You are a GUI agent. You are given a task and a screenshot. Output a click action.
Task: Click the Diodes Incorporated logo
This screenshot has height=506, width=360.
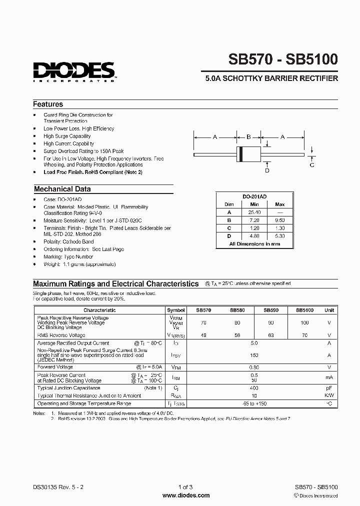click(x=74, y=71)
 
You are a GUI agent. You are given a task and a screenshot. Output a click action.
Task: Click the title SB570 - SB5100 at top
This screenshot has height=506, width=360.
click(x=283, y=59)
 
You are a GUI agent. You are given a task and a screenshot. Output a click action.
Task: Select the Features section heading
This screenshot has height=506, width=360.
click(x=48, y=104)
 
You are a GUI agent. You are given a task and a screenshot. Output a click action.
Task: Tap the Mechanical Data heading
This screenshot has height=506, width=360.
click(x=62, y=189)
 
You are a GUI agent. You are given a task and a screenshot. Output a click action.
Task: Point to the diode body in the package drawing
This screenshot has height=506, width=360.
click(x=248, y=153)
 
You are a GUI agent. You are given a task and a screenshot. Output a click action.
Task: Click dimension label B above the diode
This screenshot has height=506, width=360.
click(x=248, y=136)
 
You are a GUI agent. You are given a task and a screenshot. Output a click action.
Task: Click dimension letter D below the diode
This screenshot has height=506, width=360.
click(x=267, y=170)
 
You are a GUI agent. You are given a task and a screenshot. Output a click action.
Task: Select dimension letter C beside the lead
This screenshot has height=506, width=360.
click(x=312, y=164)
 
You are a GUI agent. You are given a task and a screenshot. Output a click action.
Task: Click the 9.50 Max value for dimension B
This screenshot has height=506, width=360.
click(x=280, y=219)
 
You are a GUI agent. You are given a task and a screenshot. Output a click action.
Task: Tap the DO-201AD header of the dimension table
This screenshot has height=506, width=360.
click(x=255, y=196)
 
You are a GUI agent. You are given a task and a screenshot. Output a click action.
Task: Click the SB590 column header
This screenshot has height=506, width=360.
click(x=270, y=310)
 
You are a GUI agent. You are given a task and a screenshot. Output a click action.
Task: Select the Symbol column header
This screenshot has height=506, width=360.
click(x=176, y=310)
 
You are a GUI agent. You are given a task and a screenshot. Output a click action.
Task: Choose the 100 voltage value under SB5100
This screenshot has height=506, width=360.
click(x=304, y=323)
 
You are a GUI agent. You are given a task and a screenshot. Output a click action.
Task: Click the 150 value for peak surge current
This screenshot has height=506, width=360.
click(x=254, y=355)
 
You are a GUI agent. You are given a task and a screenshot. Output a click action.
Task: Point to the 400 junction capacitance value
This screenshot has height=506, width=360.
click(x=254, y=388)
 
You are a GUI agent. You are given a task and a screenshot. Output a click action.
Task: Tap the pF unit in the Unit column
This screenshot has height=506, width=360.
click(x=329, y=388)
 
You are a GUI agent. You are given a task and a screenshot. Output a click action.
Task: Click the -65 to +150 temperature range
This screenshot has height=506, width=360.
click(x=254, y=403)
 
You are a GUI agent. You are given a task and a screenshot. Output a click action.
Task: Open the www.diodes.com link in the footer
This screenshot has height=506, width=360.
click(x=186, y=495)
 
